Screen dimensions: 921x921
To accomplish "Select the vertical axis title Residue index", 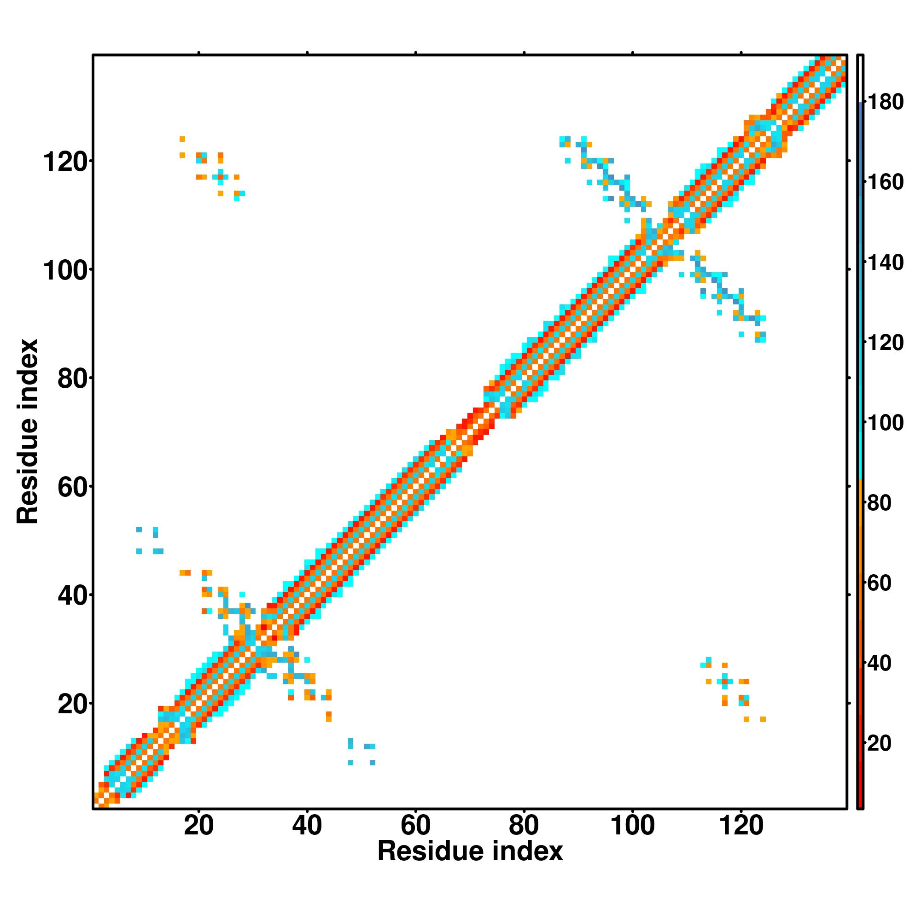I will (27, 431).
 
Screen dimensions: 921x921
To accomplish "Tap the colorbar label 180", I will (885, 102).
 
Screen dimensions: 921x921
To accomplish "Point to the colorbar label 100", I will (885, 423).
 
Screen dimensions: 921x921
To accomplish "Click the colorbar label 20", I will (880, 743).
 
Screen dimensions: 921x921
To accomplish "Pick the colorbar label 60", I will (880, 583).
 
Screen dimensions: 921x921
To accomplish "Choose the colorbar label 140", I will (885, 262).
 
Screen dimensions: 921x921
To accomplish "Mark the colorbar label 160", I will (885, 182).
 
